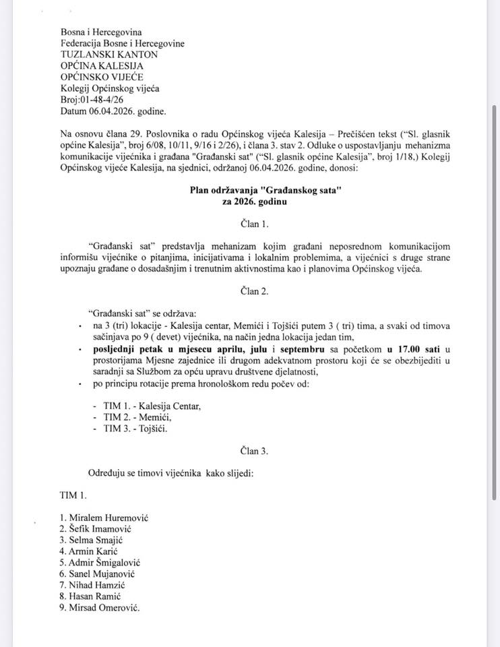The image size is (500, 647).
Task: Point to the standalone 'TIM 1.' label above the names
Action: tap(73, 496)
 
